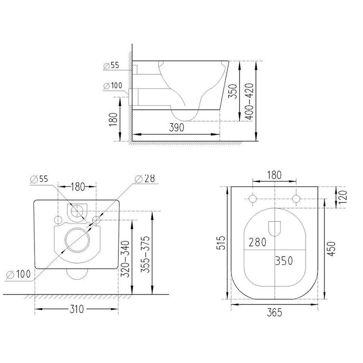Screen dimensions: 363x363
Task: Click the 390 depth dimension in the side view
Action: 177,128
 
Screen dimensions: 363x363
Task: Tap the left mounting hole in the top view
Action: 253,199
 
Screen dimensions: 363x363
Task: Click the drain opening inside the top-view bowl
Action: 275,228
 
